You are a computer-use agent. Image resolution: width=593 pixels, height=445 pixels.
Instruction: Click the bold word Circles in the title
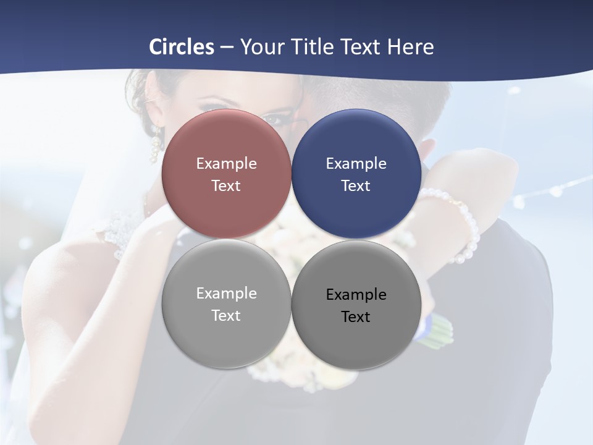182,47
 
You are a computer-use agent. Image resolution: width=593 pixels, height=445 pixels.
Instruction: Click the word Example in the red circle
226,163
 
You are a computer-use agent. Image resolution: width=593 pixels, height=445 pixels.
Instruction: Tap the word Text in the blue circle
356,185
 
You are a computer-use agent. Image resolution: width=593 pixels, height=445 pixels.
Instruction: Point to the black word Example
356,294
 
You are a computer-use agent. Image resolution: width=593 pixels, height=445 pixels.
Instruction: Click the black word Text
356,316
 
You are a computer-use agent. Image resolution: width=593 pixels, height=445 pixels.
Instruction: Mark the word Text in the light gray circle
226,315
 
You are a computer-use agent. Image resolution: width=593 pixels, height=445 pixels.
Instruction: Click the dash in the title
227,47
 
